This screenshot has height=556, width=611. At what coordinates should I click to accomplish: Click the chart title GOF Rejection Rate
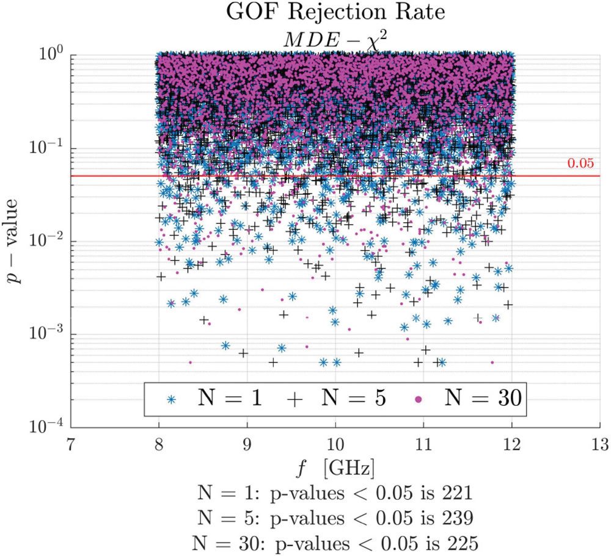click(335, 14)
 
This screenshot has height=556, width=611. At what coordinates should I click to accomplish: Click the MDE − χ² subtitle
click(334, 36)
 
